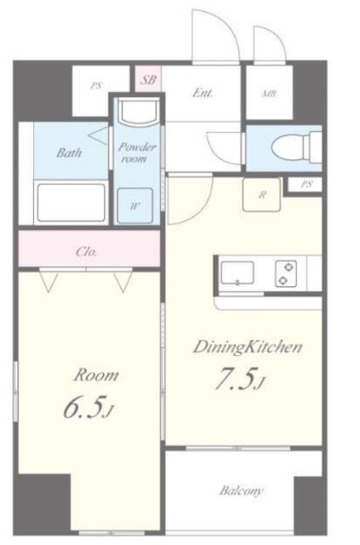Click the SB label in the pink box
148,80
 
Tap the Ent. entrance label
203,93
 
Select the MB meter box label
269,93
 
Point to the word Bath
69,152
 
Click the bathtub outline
71,203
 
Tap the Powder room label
136,153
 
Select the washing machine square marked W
134,206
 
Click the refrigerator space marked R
261,195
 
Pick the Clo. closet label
86,252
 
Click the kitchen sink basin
237,273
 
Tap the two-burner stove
286,273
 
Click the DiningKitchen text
248,347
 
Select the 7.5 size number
236,379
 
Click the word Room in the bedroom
96,376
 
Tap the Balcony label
241,490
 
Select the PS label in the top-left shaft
96,85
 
